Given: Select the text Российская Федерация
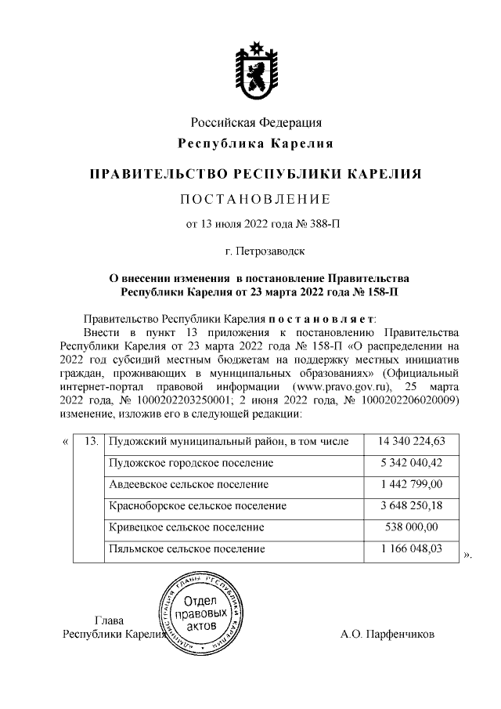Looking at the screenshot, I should tap(256, 122).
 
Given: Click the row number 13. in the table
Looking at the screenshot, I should tap(89, 443).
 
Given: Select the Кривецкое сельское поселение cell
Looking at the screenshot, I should tap(186, 527).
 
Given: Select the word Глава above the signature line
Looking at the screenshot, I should tap(108, 620).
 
